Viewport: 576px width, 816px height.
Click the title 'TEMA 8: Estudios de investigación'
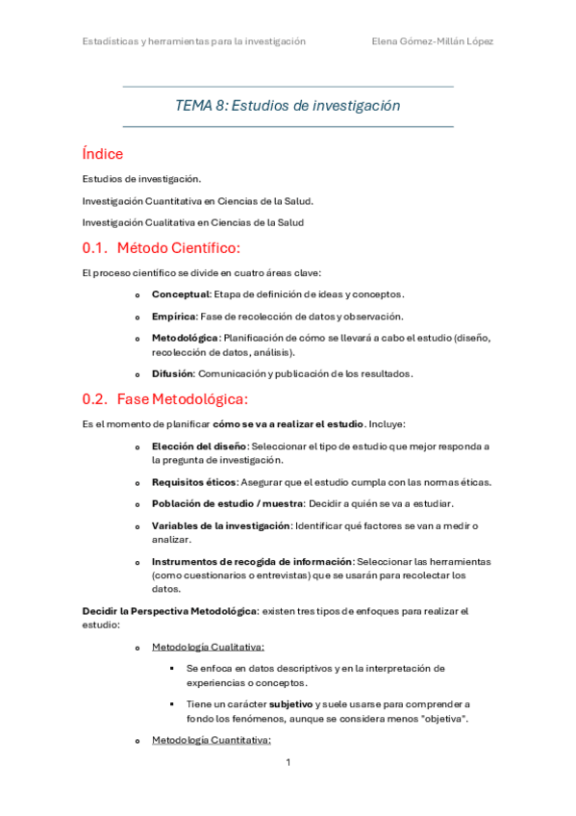[x=288, y=106]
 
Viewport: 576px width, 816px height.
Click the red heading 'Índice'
[x=103, y=154]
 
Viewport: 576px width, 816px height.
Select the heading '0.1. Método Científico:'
[x=162, y=248]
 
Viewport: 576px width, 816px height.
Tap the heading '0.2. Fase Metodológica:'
[x=165, y=398]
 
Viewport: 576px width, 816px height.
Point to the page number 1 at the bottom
[x=288, y=762]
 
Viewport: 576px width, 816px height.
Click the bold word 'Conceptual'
[x=180, y=293]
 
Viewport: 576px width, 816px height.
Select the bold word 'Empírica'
[x=174, y=316]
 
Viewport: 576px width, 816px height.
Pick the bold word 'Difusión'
[x=173, y=373]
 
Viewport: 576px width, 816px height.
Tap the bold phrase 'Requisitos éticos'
[x=193, y=481]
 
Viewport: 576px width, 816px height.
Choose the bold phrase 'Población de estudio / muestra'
[x=227, y=503]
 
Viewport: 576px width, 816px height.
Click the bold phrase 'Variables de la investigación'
[x=220, y=525]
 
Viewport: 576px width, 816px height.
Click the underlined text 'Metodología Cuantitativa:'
[x=212, y=740]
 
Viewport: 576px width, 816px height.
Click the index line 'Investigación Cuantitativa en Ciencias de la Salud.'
[x=198, y=200]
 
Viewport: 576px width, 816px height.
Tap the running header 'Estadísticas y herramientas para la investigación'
[x=194, y=41]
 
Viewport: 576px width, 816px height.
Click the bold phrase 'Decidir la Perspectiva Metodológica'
[x=169, y=611]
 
